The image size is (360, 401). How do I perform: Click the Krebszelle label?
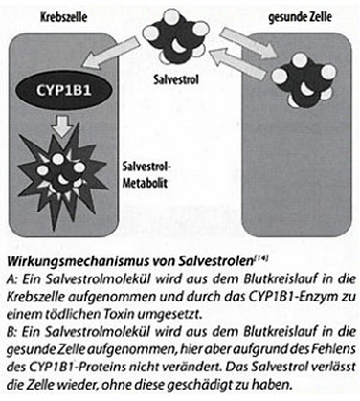point(64,17)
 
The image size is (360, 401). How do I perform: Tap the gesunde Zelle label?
point(300,17)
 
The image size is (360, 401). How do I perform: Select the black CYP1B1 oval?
point(63,90)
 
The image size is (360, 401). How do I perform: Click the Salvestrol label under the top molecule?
point(176,78)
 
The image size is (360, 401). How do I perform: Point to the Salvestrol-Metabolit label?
point(147,175)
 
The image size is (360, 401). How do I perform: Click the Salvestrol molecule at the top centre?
point(175,35)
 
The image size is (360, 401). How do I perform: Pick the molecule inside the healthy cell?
point(304,80)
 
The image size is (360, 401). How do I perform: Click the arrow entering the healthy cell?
point(249,42)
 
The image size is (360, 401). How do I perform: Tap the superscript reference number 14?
point(261,259)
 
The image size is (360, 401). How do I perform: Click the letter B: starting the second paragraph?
point(11,332)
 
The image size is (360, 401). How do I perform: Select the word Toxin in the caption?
point(120,315)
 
